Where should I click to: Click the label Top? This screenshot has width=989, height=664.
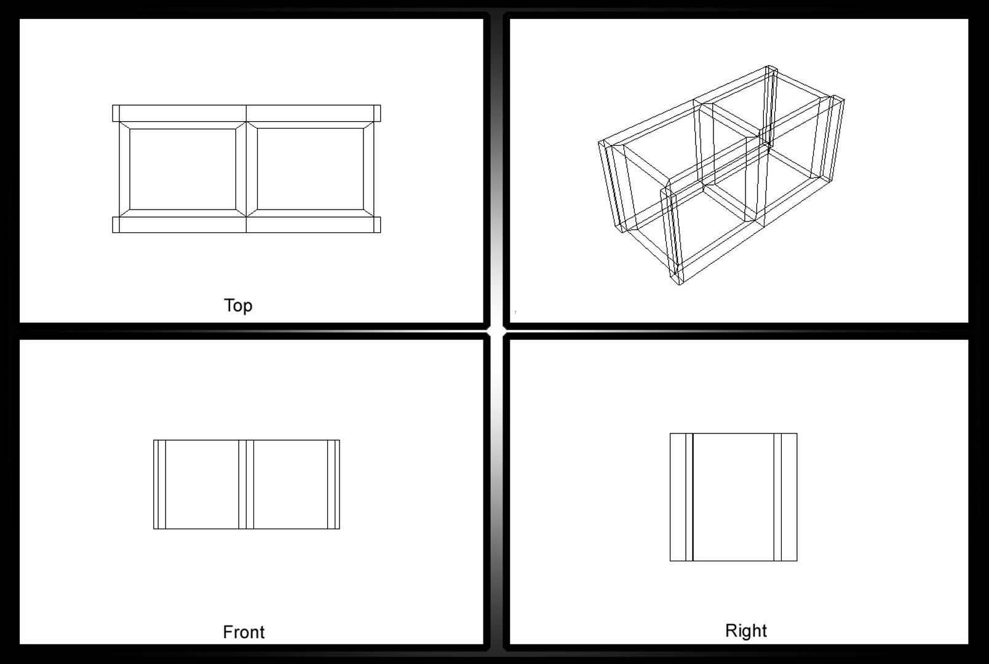click(x=238, y=305)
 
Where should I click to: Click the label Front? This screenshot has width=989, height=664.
click(x=244, y=631)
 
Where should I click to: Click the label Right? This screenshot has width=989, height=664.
click(x=745, y=630)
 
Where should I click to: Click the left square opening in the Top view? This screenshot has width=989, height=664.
click(x=183, y=168)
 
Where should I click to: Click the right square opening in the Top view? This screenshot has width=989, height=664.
click(x=309, y=168)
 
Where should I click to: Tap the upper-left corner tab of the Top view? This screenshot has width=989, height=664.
click(x=116, y=113)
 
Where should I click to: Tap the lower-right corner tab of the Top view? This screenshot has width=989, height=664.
click(x=377, y=224)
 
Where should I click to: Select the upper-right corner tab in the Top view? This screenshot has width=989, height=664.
click(x=377, y=113)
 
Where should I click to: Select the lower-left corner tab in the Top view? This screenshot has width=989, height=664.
click(x=116, y=224)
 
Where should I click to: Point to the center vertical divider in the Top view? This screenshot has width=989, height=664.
click(x=246, y=168)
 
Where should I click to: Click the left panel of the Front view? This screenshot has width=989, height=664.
click(x=202, y=484)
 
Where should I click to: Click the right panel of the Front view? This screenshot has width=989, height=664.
click(x=290, y=484)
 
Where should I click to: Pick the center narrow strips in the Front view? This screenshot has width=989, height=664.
click(x=246, y=484)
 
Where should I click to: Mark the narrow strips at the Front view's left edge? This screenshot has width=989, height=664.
click(x=159, y=484)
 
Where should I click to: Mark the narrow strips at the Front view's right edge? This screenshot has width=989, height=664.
click(x=333, y=484)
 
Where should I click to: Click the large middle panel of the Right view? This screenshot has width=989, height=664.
click(x=733, y=497)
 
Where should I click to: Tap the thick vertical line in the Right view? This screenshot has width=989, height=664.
click(x=693, y=497)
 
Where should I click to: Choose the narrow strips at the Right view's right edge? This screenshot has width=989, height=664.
click(x=785, y=497)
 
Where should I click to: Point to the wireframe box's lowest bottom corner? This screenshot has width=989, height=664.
click(x=678, y=285)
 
